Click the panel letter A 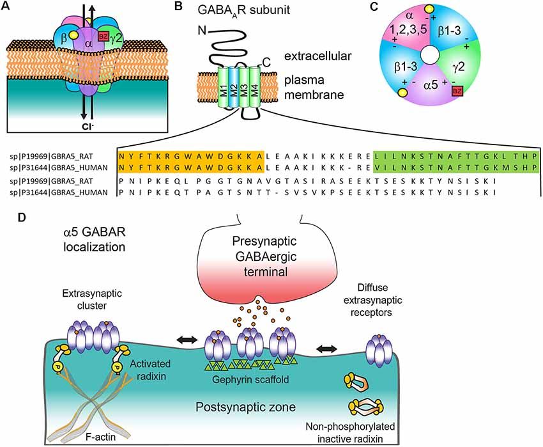tap(8, 7)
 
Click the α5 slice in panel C tap(434, 105)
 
